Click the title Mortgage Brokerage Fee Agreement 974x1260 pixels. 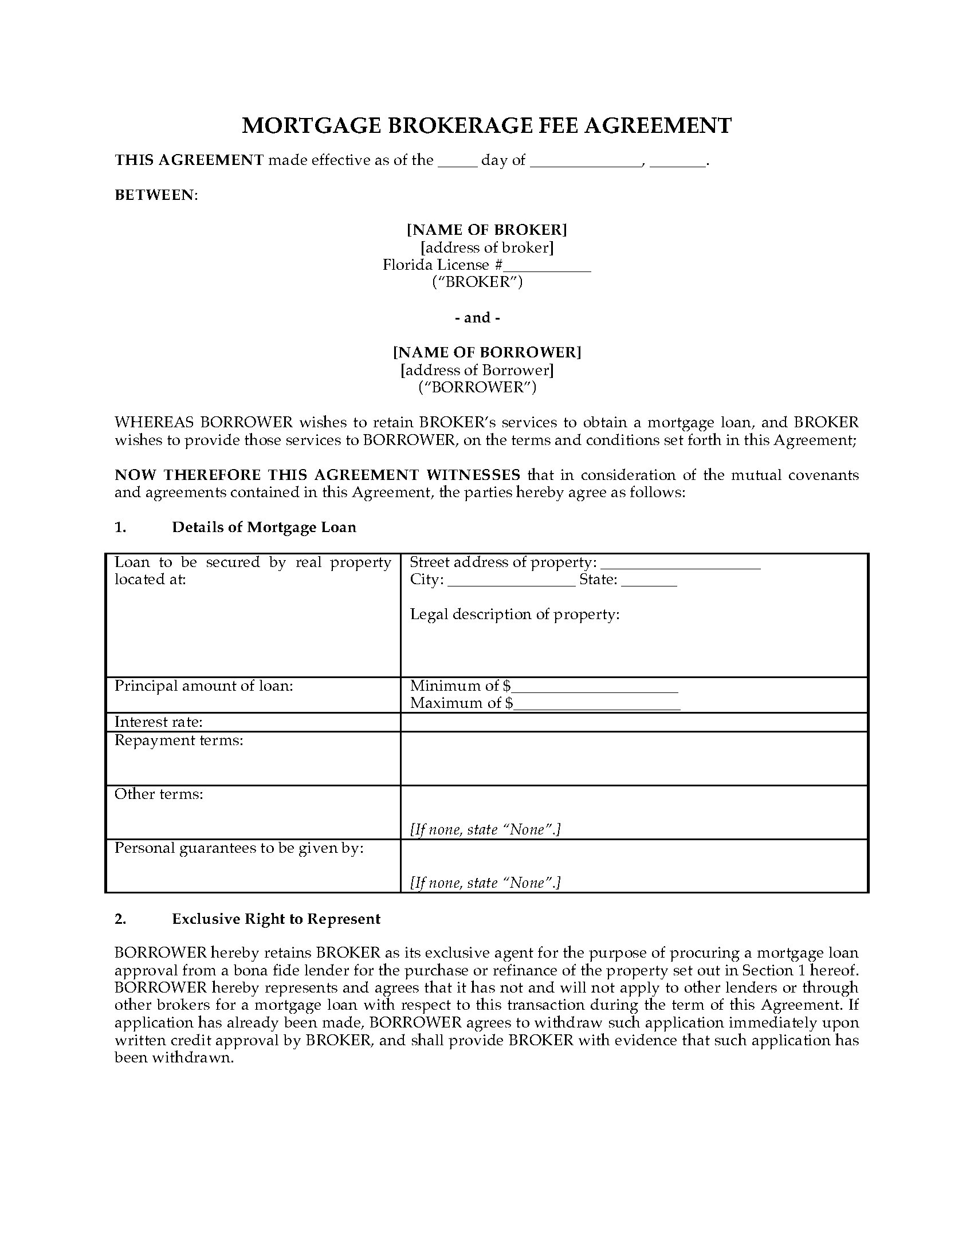pyautogui.click(x=486, y=125)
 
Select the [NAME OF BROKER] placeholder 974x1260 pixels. pyautogui.click(x=486, y=230)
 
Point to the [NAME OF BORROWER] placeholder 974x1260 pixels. pyautogui.click(x=486, y=352)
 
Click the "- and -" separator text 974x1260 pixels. pyautogui.click(x=481, y=317)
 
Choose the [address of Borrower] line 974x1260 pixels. pyautogui.click(x=477, y=370)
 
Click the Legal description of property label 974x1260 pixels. pyautogui.click(x=515, y=615)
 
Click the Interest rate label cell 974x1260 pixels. pyautogui.click(x=159, y=722)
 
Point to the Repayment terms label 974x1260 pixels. pyautogui.click(x=179, y=740)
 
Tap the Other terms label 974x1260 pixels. pyautogui.click(x=159, y=794)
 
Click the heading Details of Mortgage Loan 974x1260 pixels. pyautogui.click(x=264, y=527)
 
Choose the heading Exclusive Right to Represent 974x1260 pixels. pyautogui.click(x=276, y=919)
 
